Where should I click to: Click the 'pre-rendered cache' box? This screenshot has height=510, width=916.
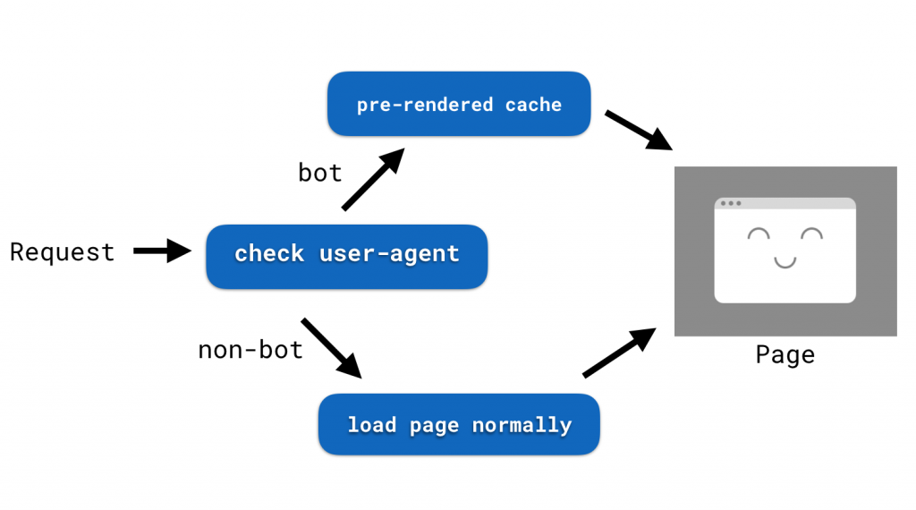click(x=459, y=104)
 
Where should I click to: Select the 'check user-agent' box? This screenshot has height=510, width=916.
click(x=346, y=256)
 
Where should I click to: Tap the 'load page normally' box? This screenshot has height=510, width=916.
click(x=459, y=424)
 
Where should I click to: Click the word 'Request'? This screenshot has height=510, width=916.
click(x=63, y=252)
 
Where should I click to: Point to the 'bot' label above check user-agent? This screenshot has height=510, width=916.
click(x=320, y=172)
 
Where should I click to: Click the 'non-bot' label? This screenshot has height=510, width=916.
click(x=250, y=349)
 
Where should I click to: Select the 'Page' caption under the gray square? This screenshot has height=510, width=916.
click(x=785, y=355)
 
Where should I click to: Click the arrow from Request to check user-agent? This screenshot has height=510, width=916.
click(x=162, y=251)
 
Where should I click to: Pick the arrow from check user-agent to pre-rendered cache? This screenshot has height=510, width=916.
click(x=373, y=180)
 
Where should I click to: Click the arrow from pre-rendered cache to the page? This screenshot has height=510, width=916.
click(x=639, y=130)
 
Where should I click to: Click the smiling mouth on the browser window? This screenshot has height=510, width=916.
click(x=785, y=262)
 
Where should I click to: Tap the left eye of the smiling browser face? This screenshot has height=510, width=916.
click(x=759, y=235)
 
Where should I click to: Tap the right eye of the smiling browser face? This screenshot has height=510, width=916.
click(x=811, y=235)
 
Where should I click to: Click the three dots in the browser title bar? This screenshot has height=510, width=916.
click(x=731, y=203)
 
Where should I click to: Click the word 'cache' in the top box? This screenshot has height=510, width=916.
click(x=533, y=105)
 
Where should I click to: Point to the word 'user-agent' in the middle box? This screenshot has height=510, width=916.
click(x=389, y=253)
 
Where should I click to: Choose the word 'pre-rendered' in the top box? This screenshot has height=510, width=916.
click(x=425, y=105)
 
